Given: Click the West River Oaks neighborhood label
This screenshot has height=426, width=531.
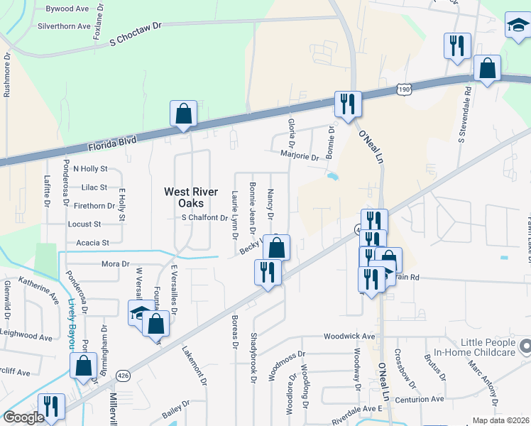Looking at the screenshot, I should pos(188,197).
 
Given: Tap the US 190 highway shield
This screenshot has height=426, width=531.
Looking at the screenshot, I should pos(404,90).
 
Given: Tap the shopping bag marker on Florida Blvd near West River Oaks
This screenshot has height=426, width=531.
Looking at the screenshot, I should pos(183,114).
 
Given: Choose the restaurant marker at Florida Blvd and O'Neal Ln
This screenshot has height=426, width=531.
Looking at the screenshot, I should pos(348,104).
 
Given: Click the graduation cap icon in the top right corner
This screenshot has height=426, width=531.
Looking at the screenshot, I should pos(518,26).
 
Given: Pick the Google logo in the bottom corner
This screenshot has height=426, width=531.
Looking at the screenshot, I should pos(23,417).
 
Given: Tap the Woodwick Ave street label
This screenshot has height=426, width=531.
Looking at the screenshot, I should pos(349,336).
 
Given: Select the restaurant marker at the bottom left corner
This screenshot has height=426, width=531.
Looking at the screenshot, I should pos(50,407).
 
